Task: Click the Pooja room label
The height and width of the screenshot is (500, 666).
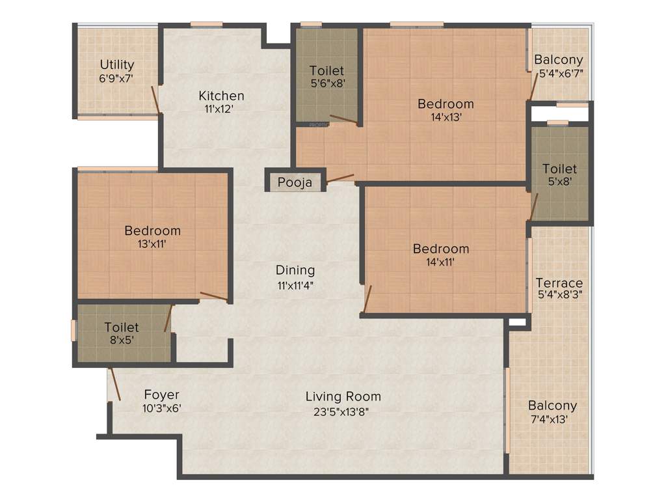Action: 295,182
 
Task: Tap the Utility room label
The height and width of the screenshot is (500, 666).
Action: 117,64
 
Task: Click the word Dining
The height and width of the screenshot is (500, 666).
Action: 295,270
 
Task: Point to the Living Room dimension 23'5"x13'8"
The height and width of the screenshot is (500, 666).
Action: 343,411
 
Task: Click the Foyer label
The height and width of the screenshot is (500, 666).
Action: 161,395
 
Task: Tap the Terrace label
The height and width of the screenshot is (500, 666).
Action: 559,283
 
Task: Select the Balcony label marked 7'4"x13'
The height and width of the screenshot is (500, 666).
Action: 552,405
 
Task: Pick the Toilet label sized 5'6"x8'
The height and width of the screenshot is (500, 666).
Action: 326,70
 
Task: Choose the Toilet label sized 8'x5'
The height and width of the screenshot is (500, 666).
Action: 122,327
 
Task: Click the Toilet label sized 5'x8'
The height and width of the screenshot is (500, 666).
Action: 559,169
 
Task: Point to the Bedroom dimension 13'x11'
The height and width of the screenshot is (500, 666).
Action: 152,244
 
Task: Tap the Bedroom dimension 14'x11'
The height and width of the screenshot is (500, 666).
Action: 440,262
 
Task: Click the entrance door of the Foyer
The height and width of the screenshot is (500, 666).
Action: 114,384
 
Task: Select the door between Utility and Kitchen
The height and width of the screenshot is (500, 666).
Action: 155,99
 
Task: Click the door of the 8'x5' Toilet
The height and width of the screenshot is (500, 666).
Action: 168,318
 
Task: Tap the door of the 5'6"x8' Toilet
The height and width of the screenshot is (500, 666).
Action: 343,119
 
